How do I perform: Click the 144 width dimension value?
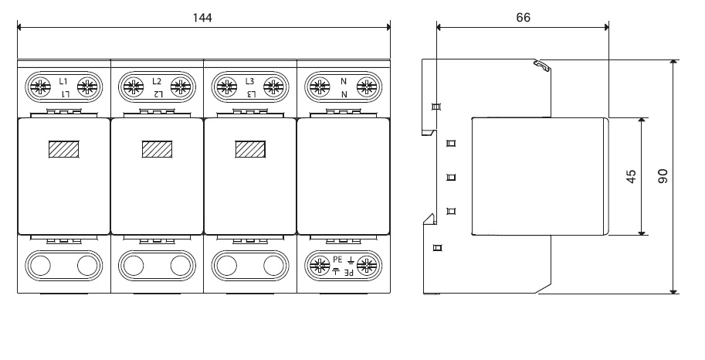[202, 16]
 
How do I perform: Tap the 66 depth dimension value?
[523, 17]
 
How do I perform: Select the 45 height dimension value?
[631, 176]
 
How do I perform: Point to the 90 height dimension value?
[663, 176]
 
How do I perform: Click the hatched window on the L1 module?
[63, 148]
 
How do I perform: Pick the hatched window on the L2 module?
[157, 148]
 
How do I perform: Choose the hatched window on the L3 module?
[249, 148]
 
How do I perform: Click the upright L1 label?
[63, 80]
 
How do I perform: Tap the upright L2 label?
[157, 80]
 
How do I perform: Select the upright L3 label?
[249, 80]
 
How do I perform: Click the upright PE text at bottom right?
[337, 260]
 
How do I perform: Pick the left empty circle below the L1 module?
[40, 266]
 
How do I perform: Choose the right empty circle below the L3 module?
[273, 266]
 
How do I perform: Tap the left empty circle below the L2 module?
[134, 266]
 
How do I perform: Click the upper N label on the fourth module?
[343, 80]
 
